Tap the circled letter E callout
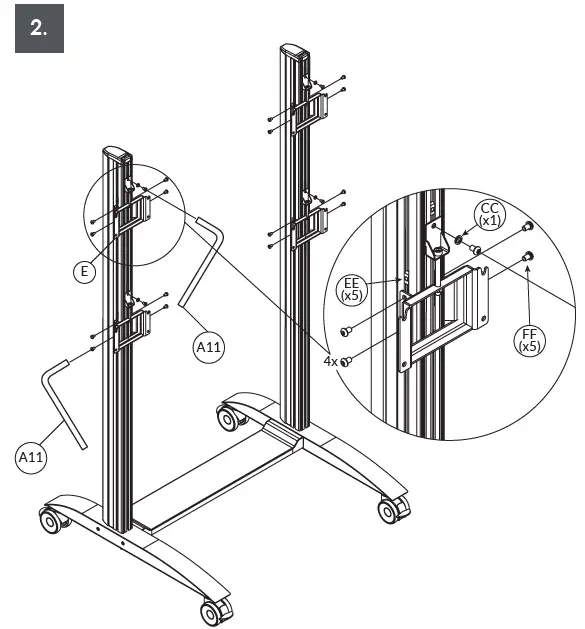tap(87, 269)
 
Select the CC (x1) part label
tap(489, 214)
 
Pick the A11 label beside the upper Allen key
tap(208, 346)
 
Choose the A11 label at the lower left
tap(33, 456)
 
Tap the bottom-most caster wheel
tap(211, 611)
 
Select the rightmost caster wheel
tap(390, 509)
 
